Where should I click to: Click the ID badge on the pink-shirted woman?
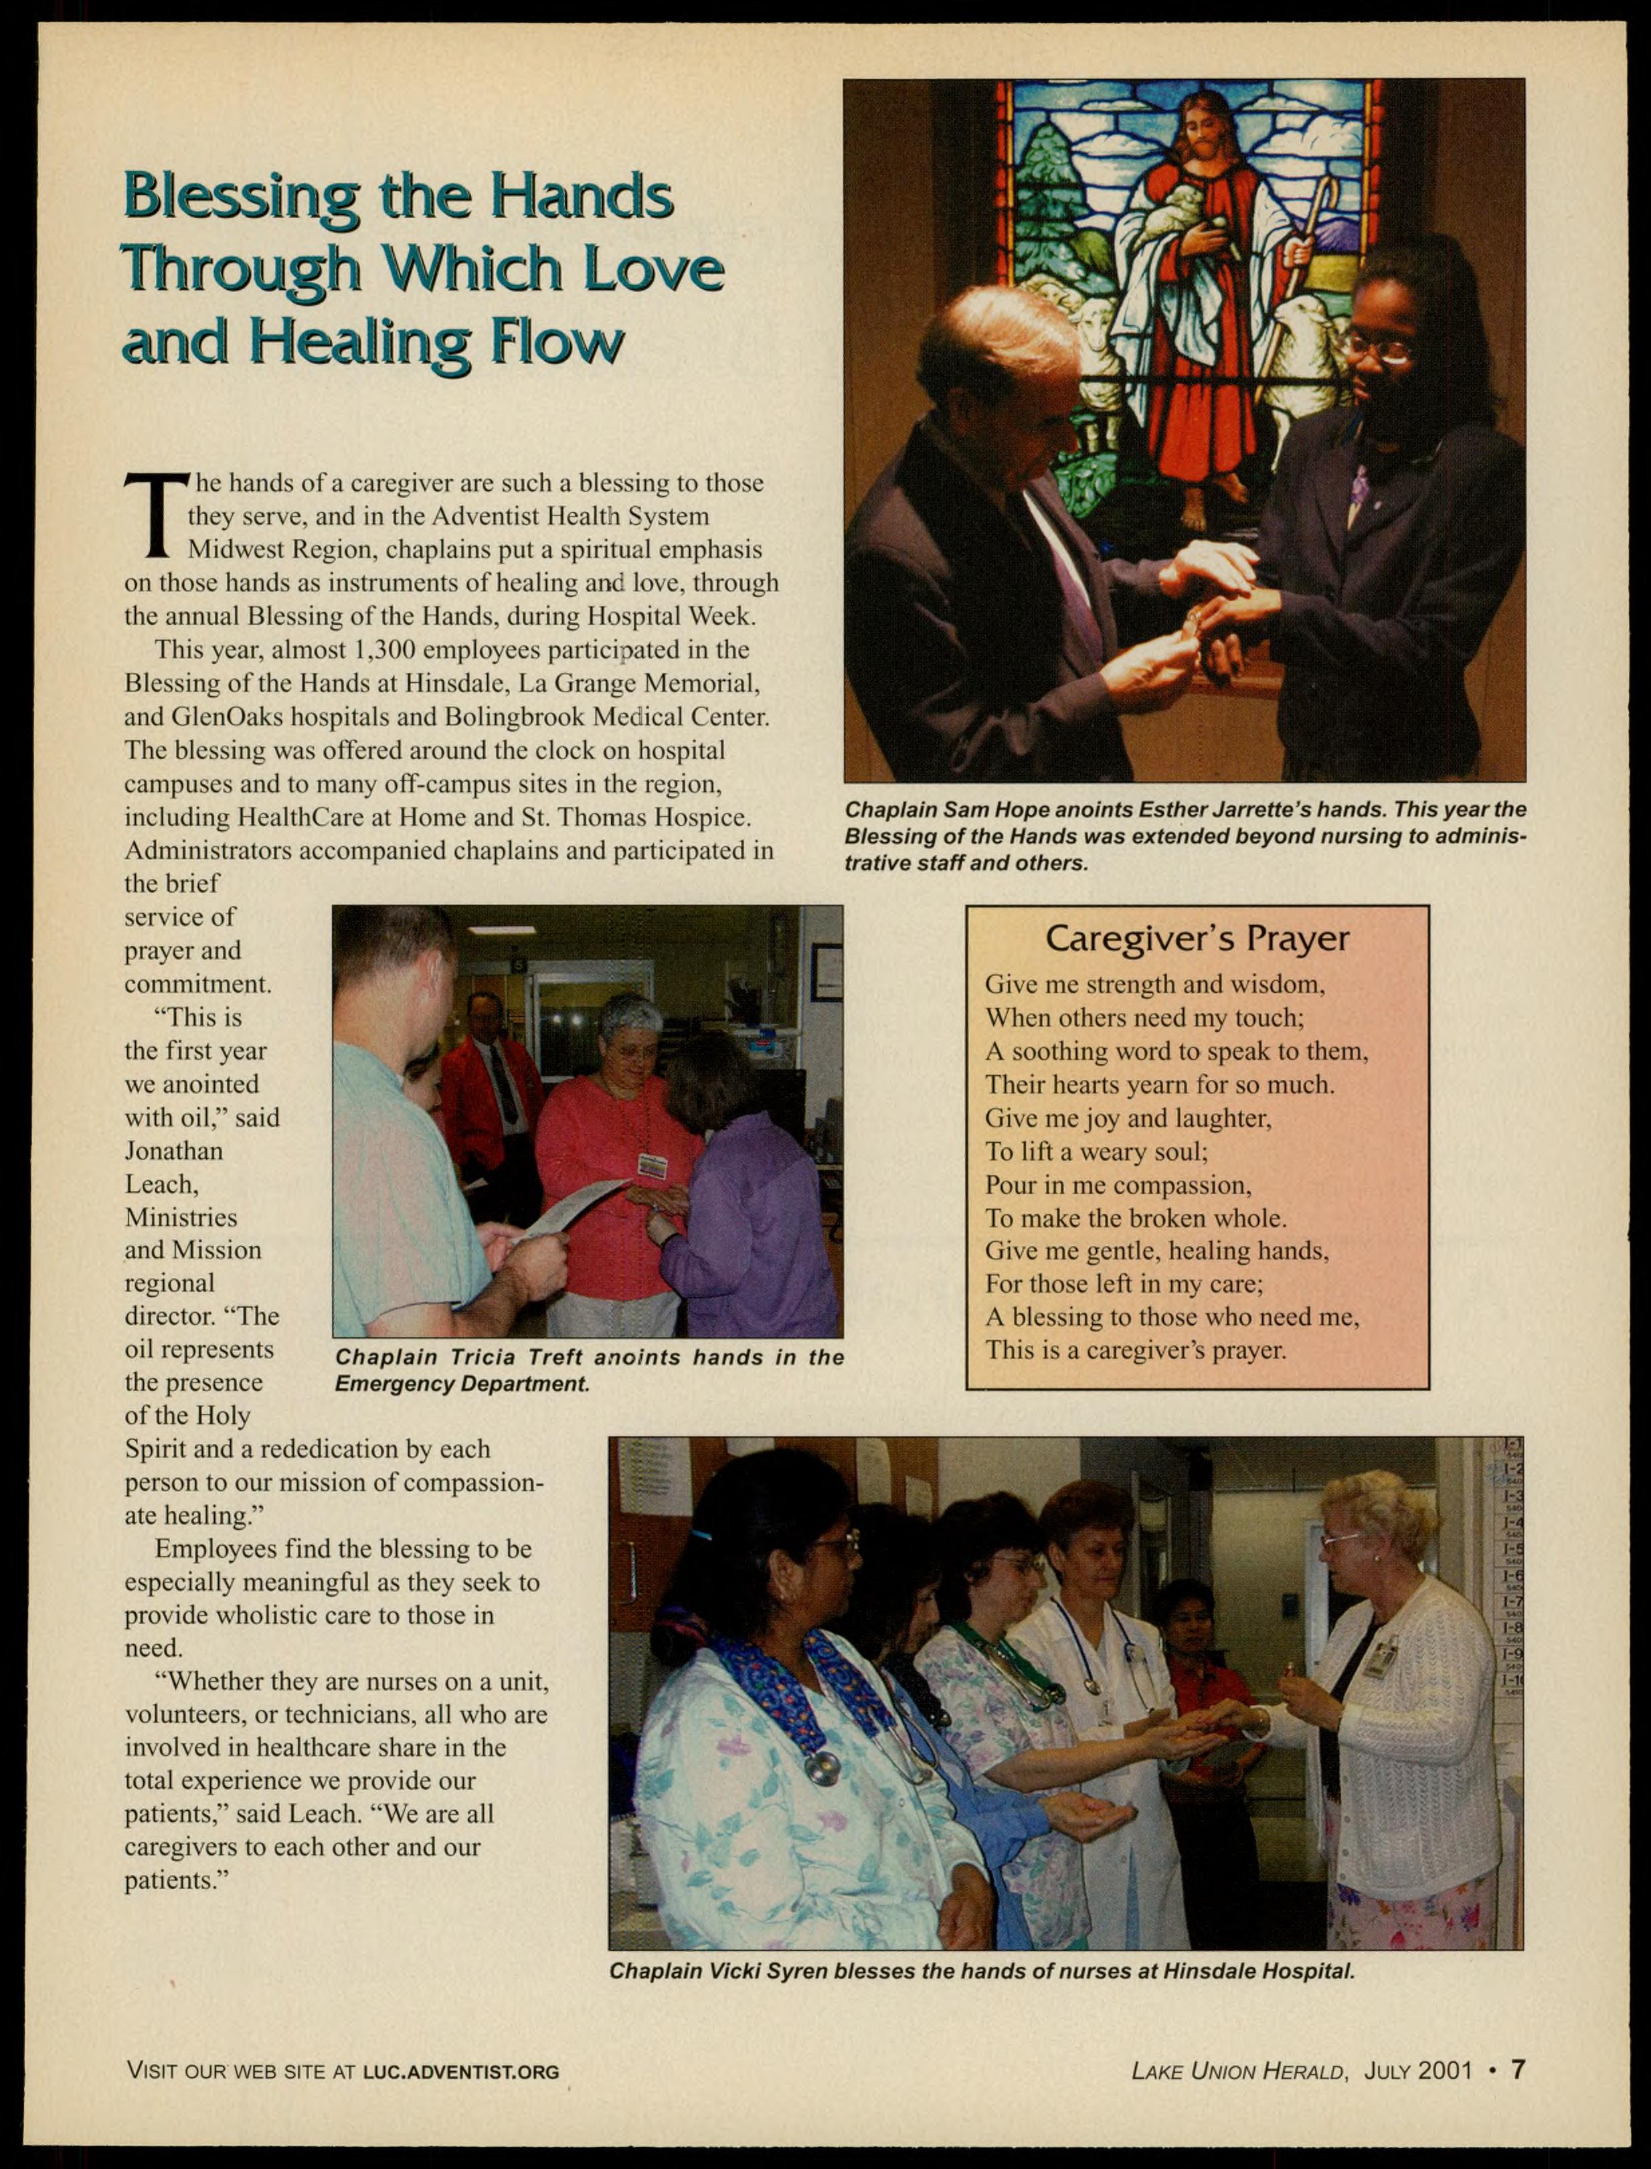point(652,1166)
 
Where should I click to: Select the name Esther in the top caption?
point(1175,810)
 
